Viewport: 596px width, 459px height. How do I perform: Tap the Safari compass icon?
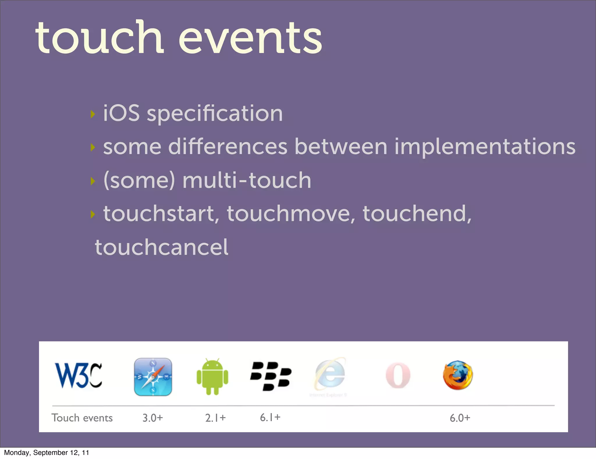click(153, 377)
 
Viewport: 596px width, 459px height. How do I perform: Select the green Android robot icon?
click(212, 377)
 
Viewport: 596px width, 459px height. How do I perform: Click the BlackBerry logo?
click(271, 376)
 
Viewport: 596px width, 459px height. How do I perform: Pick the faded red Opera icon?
click(398, 375)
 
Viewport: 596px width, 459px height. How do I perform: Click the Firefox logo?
click(458, 375)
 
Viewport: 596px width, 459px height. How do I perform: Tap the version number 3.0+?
click(152, 418)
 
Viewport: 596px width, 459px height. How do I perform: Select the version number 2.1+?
click(215, 418)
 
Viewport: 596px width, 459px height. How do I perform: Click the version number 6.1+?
click(270, 417)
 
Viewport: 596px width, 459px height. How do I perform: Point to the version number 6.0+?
click(460, 418)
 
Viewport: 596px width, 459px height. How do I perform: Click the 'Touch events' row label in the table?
click(82, 418)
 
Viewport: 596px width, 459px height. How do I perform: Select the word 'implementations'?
click(485, 146)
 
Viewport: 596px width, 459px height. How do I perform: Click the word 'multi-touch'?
click(247, 180)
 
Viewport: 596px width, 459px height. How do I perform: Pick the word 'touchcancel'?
click(162, 247)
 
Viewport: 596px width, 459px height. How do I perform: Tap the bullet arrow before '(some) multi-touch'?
click(93, 181)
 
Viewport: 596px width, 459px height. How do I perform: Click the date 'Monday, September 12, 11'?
click(47, 453)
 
